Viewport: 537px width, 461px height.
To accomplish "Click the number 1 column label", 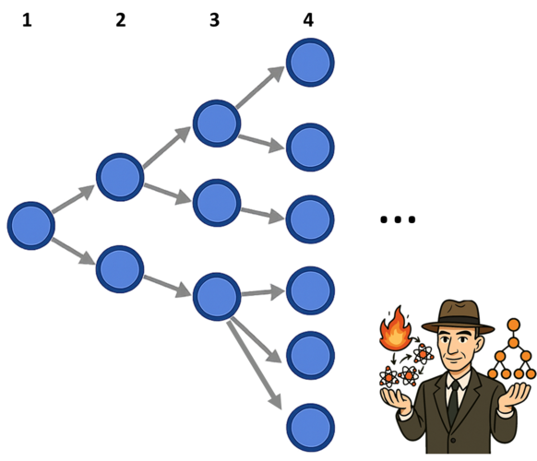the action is pos(27,20).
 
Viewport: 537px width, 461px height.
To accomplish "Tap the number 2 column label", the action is pos(121,20).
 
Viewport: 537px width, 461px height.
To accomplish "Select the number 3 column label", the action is pos(214,20).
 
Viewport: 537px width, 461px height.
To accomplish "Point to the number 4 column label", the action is pos(308,20).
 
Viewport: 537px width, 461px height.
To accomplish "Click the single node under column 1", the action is pos(31,226).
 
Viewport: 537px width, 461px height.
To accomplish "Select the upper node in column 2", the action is pos(120,177).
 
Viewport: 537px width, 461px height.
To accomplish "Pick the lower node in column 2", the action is pos(120,269).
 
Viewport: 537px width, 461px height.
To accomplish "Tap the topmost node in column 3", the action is pos(217,124).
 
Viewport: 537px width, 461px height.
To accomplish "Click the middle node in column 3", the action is pos(217,203).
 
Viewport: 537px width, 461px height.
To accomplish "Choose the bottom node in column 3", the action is pos(217,297).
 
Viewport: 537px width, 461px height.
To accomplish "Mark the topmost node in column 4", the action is pos(310,63).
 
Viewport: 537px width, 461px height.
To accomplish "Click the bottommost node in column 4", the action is pos(310,428).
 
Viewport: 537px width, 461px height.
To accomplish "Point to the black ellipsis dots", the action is pos(398,219).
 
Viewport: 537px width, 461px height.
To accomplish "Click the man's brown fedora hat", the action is pos(458,317).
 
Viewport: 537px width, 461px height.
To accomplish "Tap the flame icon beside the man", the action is pos(396,328).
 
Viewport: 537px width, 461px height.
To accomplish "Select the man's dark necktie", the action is pos(453,402).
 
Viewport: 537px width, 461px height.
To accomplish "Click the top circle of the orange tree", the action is pos(514,325).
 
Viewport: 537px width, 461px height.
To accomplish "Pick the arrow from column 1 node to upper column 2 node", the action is pos(73,199).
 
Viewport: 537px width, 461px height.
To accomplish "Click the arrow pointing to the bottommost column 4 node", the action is pos(254,363).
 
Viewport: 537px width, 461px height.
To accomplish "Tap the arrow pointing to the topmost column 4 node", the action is pos(260,88).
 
